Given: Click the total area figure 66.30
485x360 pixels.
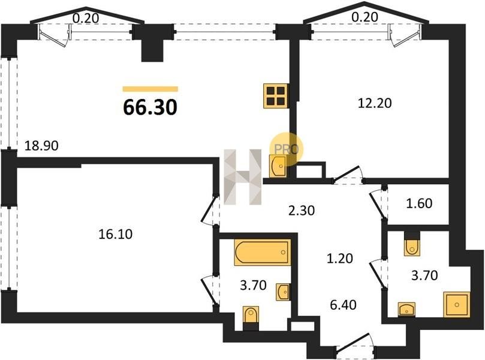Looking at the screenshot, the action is click(x=150, y=107).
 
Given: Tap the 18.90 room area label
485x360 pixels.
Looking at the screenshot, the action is click(x=41, y=145).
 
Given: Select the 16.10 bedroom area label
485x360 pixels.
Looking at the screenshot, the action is click(x=115, y=234).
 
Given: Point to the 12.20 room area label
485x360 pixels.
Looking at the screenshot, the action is click(x=375, y=103).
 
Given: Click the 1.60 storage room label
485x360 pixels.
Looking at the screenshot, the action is click(x=419, y=203).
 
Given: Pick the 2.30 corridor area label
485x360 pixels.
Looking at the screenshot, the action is click(x=302, y=211).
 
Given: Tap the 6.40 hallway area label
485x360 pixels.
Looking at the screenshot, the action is click(x=344, y=305).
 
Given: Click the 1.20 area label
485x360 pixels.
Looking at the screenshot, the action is click(x=340, y=258).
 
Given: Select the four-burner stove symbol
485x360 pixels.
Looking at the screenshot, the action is click(x=276, y=96).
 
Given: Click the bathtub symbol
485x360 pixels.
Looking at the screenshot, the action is click(x=263, y=252).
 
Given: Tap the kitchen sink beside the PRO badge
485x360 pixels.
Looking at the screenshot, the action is click(x=278, y=166).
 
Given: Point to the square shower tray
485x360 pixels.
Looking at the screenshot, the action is click(x=457, y=305).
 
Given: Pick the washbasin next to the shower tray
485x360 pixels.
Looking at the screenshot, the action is click(x=406, y=310).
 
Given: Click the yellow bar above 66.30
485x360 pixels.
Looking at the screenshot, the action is click(x=150, y=89).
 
